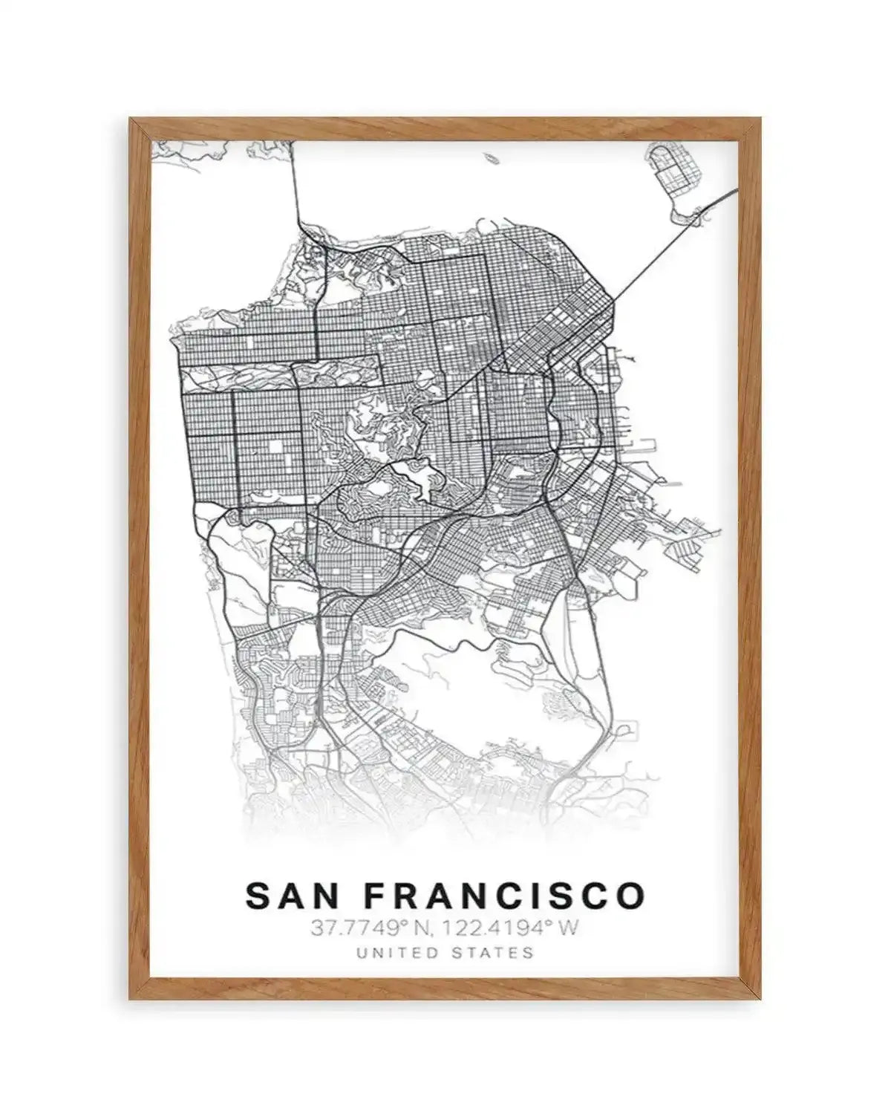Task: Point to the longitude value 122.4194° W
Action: click(x=505, y=928)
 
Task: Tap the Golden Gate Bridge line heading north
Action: click(x=295, y=178)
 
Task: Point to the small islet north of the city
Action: click(x=491, y=158)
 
